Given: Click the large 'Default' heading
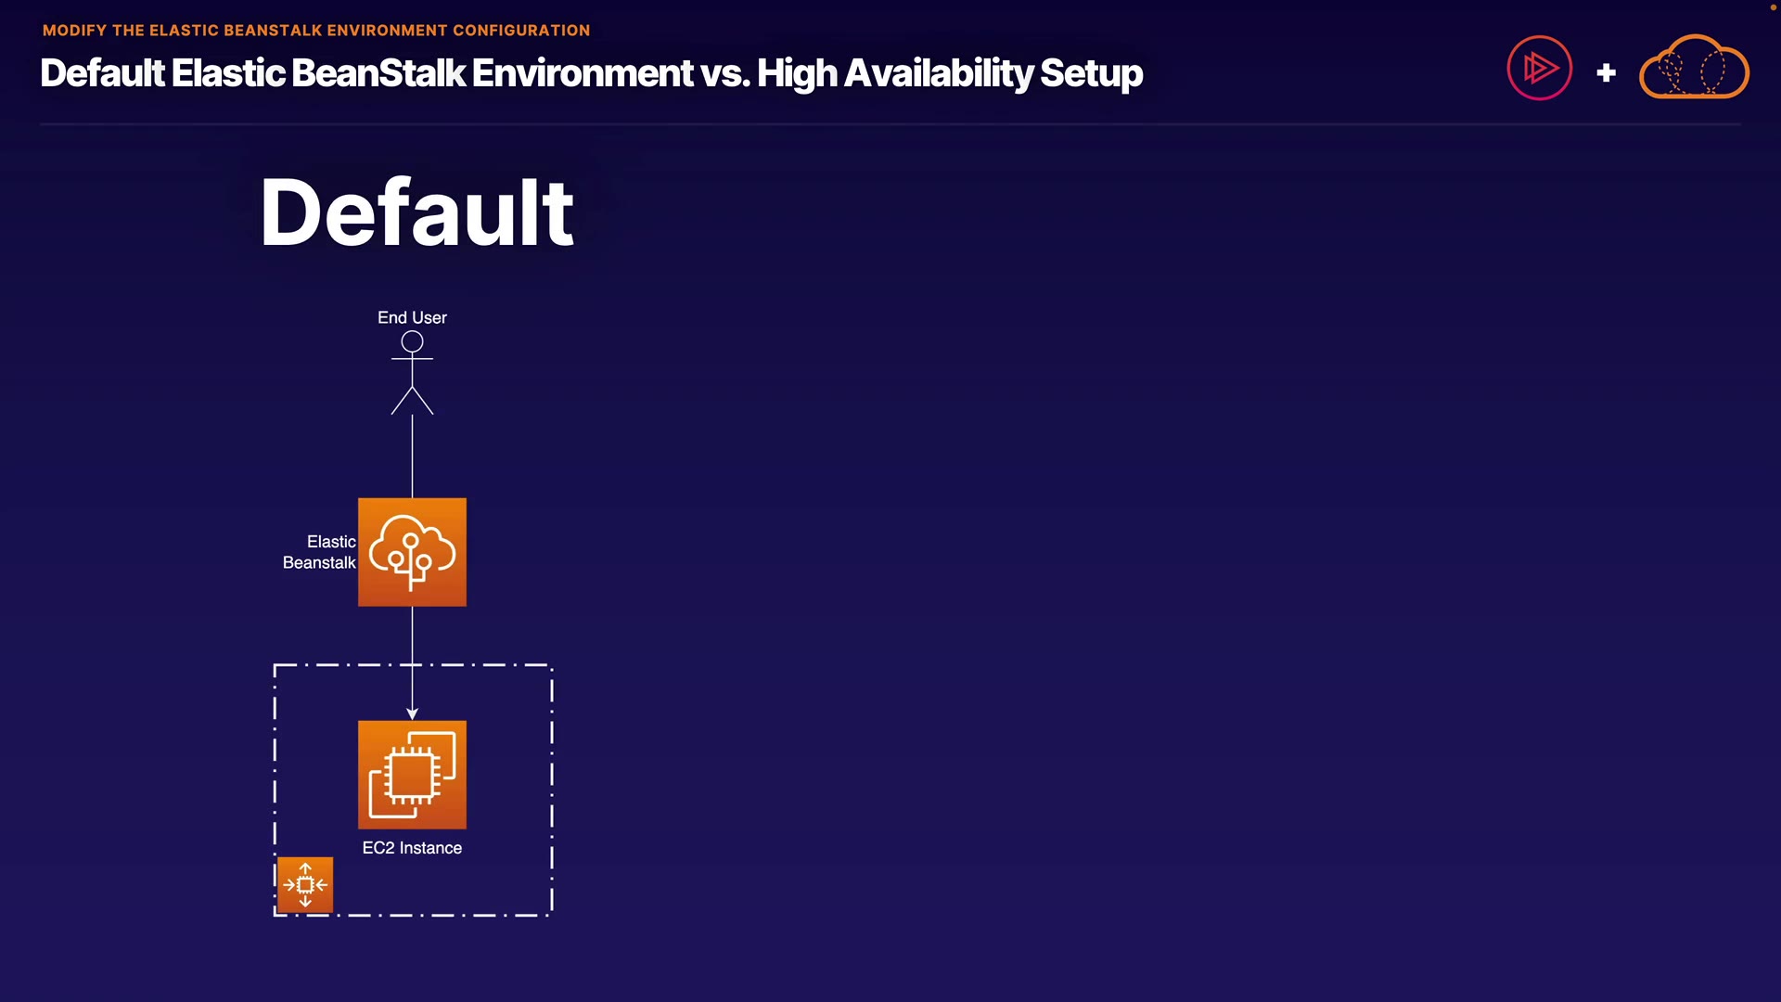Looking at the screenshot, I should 416,212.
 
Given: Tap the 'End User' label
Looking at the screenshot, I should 412,317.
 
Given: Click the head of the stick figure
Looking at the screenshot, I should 412,342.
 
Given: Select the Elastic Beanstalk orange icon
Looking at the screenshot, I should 412,552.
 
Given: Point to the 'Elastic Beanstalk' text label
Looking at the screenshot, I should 320,552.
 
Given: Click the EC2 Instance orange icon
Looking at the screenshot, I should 412,775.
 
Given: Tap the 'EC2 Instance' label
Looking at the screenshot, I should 412,848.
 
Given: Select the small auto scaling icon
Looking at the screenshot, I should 305,885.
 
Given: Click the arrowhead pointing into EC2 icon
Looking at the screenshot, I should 412,713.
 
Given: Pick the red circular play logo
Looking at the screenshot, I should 1539,68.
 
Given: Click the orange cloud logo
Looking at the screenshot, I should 1694,68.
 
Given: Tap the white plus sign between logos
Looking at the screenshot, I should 1606,72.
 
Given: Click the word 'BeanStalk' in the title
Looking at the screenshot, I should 378,73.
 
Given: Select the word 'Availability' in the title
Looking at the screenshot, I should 938,73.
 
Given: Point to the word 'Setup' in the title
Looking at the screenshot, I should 1091,73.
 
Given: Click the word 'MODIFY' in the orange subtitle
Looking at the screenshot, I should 74,31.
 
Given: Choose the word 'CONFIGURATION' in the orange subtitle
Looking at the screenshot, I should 520,31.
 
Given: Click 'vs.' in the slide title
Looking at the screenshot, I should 724,73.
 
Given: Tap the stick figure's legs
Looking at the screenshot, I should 412,400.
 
